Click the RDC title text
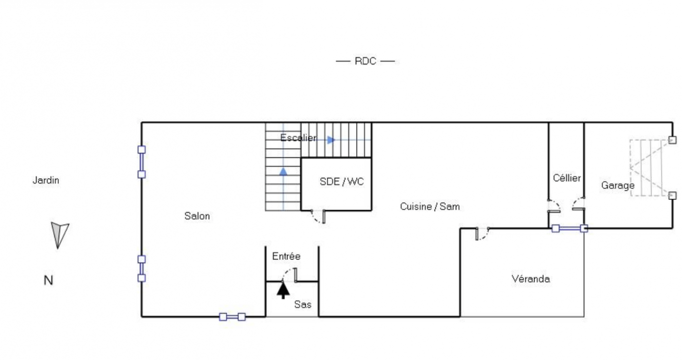[365, 61]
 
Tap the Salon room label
[197, 216]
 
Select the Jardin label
[46, 180]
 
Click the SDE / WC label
[341, 182]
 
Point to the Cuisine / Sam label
[430, 207]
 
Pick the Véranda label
[530, 279]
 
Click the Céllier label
[567, 178]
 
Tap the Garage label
[618, 185]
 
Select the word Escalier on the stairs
[298, 138]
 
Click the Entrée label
[286, 256]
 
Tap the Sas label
[303, 304]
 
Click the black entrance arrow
[283, 290]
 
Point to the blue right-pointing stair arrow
[331, 140]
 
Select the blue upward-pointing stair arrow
[283, 172]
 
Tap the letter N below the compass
[48, 281]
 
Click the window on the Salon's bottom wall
[232, 317]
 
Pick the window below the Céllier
[569, 228]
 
